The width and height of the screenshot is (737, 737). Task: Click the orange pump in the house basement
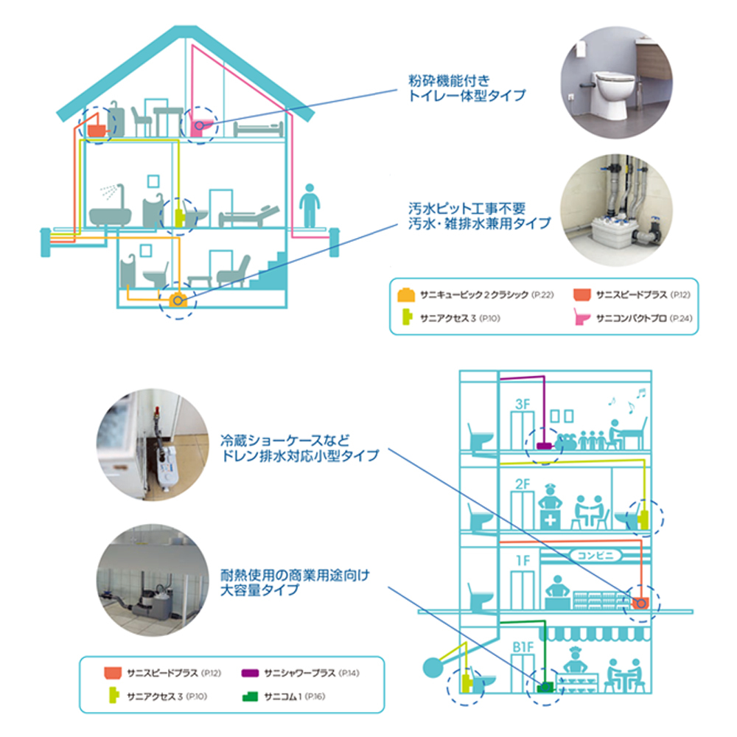177,300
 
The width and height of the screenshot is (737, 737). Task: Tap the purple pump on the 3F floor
545,445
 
